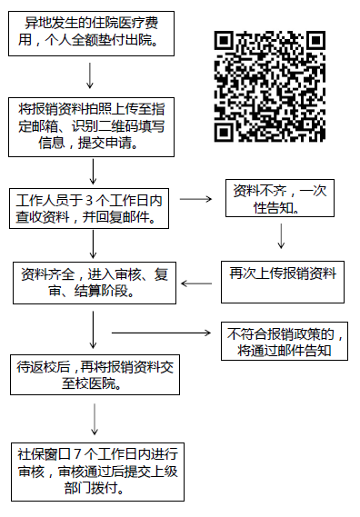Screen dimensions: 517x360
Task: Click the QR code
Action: (270, 86)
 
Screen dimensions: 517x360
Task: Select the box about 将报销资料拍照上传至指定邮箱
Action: (92, 125)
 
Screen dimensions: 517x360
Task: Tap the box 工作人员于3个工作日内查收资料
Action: (92, 208)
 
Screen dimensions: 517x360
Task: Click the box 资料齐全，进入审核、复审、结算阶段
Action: (92, 283)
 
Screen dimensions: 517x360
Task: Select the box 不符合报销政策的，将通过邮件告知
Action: (284, 342)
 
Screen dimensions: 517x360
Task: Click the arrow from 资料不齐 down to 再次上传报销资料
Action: (281, 235)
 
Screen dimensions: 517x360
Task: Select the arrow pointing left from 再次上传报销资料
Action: (196, 283)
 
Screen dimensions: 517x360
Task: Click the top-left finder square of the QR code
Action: (225, 42)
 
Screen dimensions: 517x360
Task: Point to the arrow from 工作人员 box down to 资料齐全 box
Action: (94, 243)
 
